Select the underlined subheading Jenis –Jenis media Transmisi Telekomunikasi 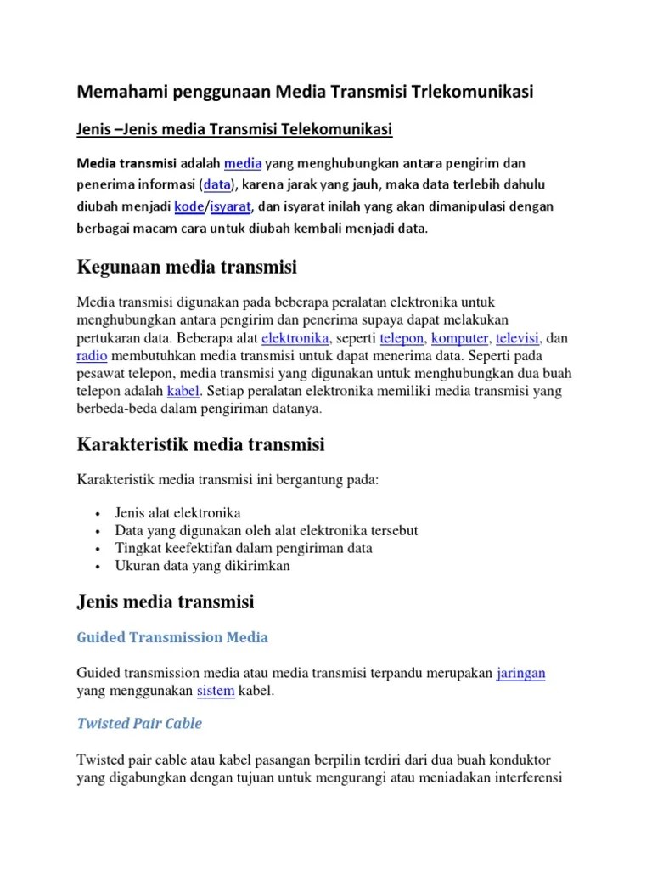point(234,129)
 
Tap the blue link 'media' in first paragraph point(242,162)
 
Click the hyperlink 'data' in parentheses point(216,184)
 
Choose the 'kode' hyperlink point(188,206)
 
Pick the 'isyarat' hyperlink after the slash point(232,206)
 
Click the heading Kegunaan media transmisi point(187,268)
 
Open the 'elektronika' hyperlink point(295,338)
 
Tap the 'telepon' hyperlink point(402,338)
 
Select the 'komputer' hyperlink point(460,338)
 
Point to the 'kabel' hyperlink point(183,392)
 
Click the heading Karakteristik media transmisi point(201,444)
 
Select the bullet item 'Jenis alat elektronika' point(177,513)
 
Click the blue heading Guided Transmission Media point(172,637)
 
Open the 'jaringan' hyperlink point(521,673)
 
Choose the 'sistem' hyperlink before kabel point(216,691)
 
